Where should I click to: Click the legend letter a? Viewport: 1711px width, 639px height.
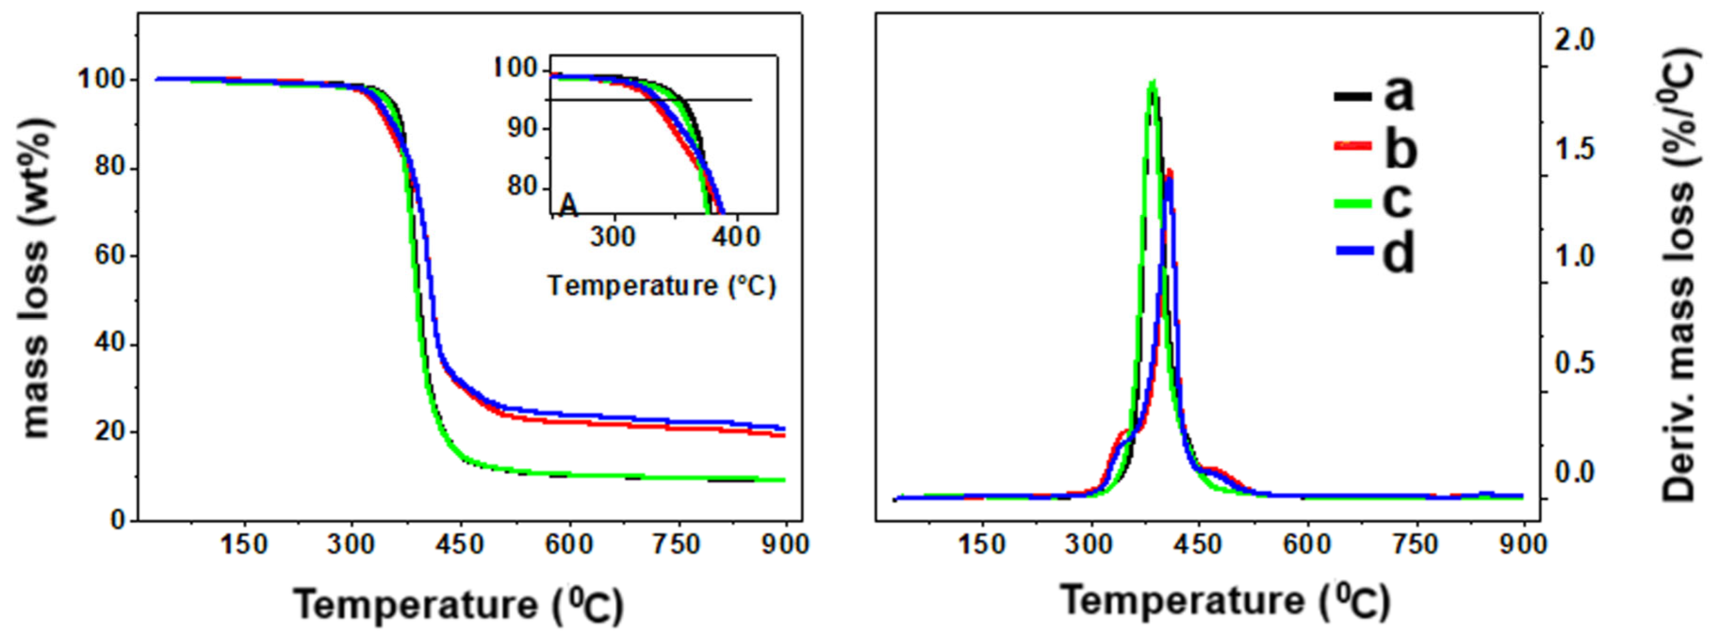pos(1398,94)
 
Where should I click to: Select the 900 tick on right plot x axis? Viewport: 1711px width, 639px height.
pos(1523,545)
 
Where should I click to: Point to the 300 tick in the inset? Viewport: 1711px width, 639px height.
pos(612,236)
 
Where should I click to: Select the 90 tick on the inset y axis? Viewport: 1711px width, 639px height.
pos(521,128)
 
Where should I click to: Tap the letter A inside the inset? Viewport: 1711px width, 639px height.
pos(568,205)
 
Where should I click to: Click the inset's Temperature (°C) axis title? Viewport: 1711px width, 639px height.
pos(661,286)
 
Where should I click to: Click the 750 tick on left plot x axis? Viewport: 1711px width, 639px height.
pos(677,545)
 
